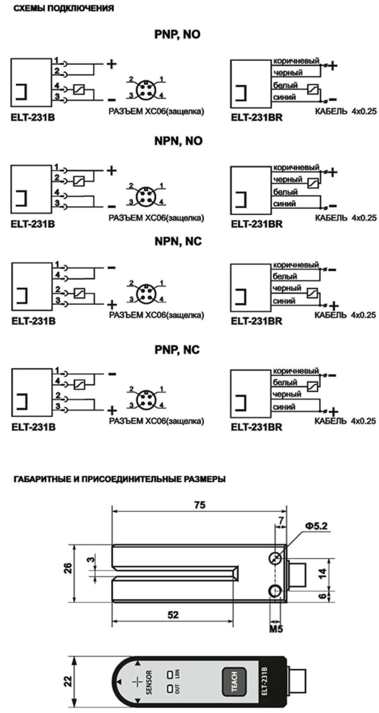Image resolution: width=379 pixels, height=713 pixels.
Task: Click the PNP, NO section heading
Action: tap(177, 34)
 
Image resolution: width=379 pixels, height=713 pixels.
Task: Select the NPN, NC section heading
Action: tap(178, 242)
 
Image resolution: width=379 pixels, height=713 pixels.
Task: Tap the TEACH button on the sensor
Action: tap(234, 681)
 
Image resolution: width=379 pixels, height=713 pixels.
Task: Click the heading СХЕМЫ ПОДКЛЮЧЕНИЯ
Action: tap(63, 9)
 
